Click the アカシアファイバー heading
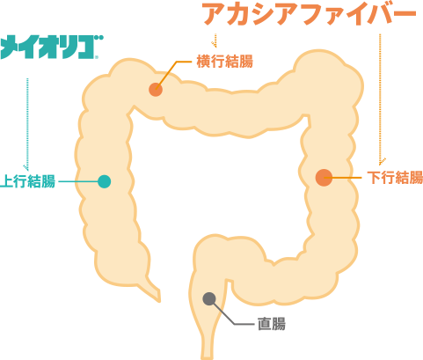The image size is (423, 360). click(310, 14)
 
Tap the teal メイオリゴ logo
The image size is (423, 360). click(52, 47)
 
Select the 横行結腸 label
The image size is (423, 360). click(224, 62)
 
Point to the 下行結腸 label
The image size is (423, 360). click(395, 178)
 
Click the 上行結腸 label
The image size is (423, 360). click(27, 181)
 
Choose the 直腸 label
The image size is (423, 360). click(272, 324)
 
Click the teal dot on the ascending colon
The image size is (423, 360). click(104, 181)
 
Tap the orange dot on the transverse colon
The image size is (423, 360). click(156, 90)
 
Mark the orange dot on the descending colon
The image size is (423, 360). click(324, 178)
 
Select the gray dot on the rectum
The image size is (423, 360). click(209, 299)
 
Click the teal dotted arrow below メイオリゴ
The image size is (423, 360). click(27, 125)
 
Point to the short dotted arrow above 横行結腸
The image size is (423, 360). click(215, 40)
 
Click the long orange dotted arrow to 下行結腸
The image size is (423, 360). click(380, 99)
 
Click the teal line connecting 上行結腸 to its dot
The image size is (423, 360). click(78, 181)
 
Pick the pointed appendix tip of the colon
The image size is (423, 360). click(159, 301)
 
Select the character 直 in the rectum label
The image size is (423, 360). click(264, 324)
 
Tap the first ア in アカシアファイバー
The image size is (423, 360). click(214, 15)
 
